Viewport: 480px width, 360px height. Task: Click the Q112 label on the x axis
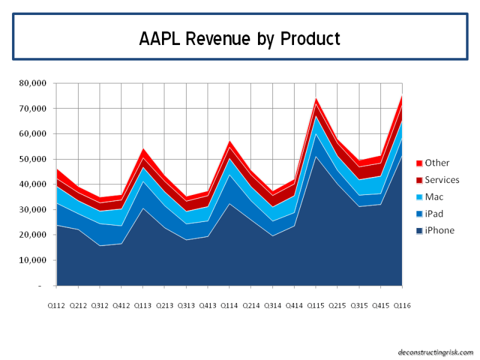(x=56, y=305)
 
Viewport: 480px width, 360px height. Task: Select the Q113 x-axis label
(x=143, y=305)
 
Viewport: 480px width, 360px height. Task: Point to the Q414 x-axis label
(x=294, y=305)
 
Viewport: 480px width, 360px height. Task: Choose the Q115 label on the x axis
(x=316, y=305)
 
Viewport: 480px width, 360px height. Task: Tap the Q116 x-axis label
(x=401, y=305)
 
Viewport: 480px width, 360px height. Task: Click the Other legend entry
(x=437, y=163)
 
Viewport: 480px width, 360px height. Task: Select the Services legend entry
(x=442, y=180)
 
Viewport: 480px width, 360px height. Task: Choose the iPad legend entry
(x=434, y=214)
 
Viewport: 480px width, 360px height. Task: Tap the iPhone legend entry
(x=439, y=230)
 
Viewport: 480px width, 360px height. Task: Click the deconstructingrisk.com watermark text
(x=436, y=352)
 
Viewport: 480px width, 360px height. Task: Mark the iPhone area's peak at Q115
(x=316, y=157)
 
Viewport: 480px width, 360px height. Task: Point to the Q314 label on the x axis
(x=272, y=305)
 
